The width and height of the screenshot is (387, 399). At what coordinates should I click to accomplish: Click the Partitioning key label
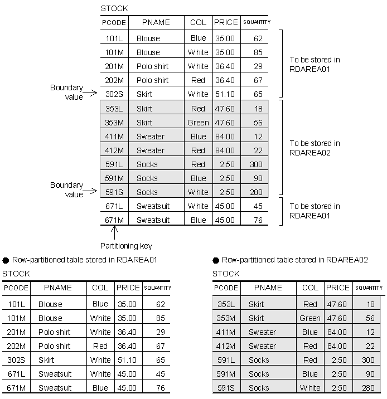126,246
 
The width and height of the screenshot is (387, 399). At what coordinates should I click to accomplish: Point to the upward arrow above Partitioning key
114,231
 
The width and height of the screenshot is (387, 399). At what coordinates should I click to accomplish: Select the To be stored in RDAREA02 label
315,148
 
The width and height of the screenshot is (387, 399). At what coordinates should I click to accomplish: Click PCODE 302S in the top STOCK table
114,94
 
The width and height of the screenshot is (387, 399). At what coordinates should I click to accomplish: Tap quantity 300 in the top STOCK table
256,164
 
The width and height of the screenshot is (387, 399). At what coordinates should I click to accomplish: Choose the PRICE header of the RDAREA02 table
337,288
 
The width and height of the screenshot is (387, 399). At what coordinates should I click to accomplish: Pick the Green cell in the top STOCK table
198,123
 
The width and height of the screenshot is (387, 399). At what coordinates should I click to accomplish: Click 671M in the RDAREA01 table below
16,388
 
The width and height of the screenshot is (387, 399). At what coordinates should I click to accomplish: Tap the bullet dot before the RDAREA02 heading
216,260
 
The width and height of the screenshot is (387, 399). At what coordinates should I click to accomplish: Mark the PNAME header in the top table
156,22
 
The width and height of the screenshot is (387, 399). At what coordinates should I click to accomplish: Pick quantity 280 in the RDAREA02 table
367,388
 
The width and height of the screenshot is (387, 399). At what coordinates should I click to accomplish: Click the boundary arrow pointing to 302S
91,94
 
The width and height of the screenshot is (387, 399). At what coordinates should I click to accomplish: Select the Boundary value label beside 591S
66,189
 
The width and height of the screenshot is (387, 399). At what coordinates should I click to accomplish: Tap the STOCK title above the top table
114,8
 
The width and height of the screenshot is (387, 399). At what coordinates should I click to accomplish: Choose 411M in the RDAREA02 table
226,332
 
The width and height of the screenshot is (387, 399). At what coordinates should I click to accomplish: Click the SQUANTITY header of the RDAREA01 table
157,288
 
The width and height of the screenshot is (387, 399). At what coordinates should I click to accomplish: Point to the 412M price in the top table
225,150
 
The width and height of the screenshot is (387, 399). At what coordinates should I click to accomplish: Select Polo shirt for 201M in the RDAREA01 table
54,332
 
